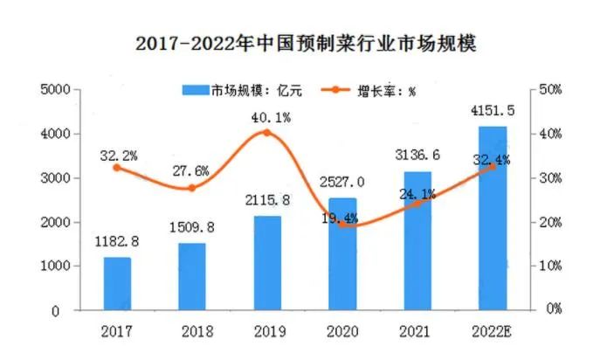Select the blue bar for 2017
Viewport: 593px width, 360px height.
coord(117,283)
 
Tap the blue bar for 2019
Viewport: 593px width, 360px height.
coord(267,262)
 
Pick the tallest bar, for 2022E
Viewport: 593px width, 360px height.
coord(493,218)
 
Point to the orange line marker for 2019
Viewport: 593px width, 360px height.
coord(267,133)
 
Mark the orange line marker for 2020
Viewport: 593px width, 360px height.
coord(342,224)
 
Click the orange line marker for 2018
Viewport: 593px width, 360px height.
coord(192,188)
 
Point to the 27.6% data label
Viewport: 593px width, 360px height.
coord(192,170)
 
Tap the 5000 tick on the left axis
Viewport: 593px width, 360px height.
coord(57,90)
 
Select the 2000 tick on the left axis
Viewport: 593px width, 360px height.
coord(57,222)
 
